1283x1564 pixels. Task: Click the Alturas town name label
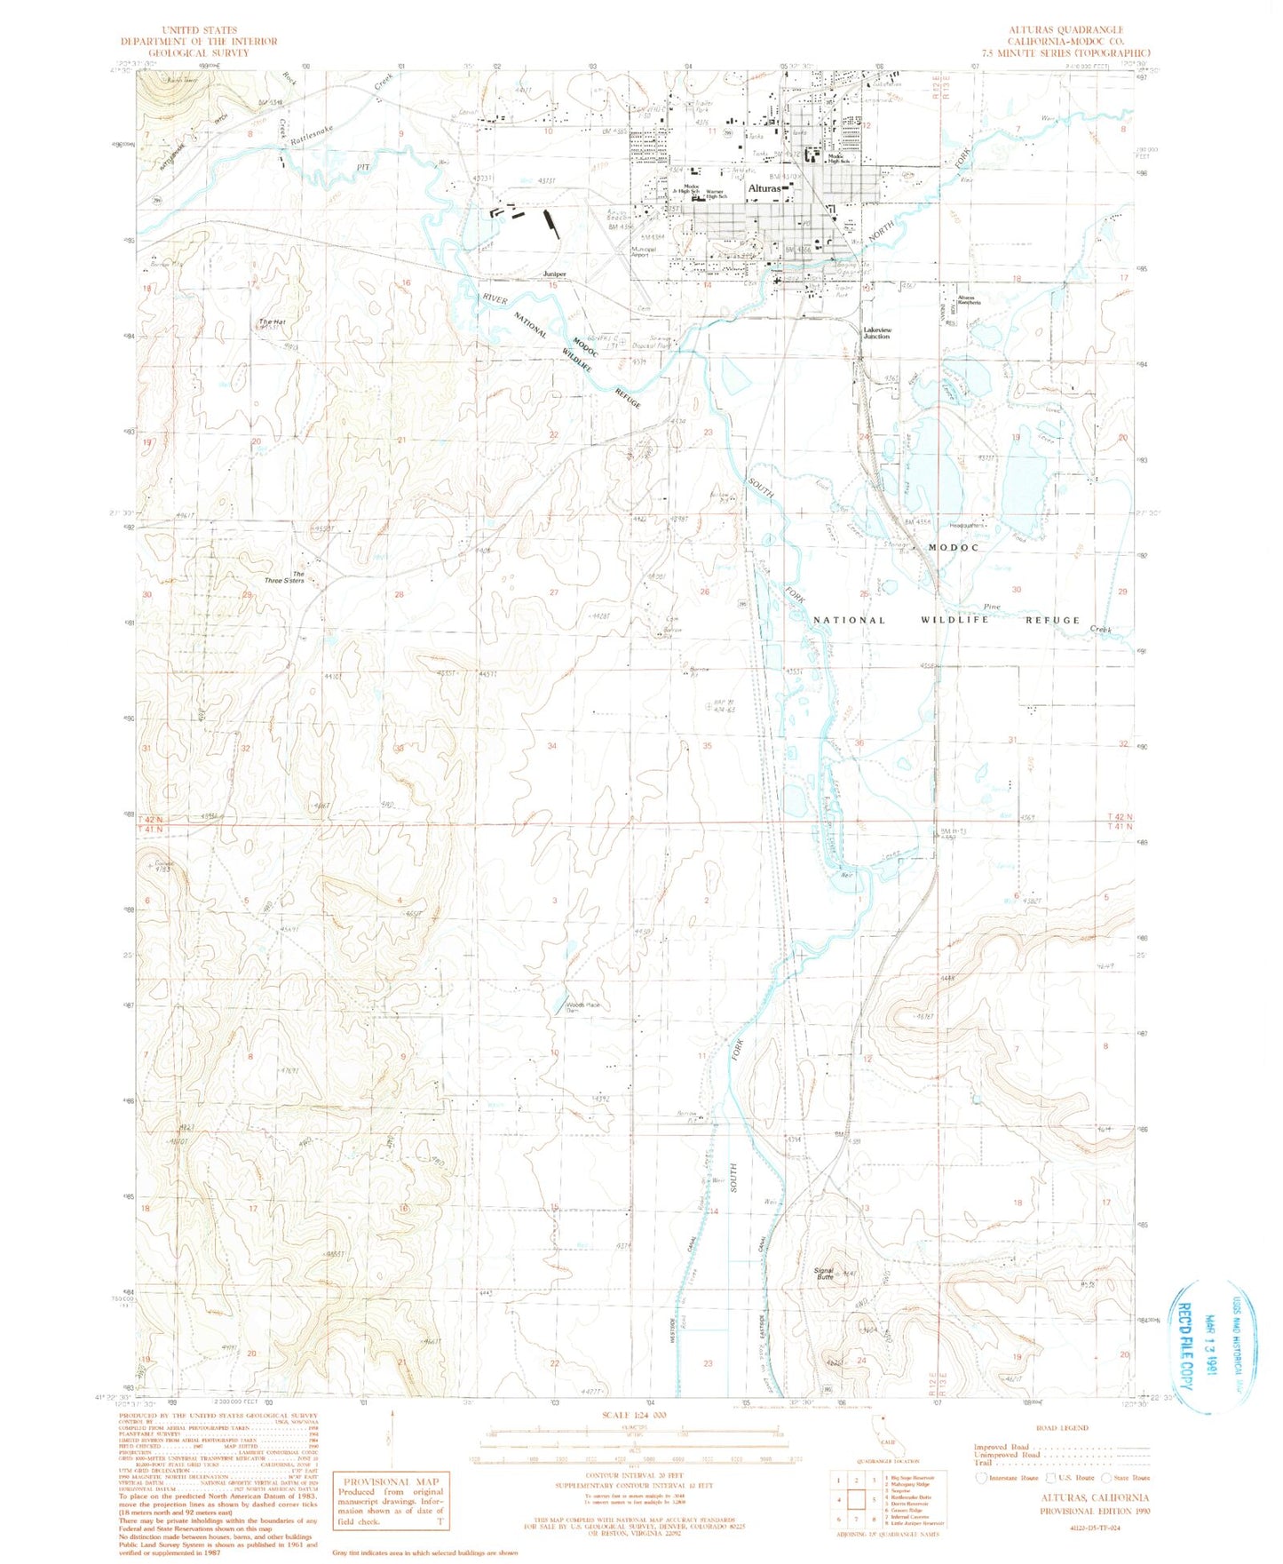(764, 189)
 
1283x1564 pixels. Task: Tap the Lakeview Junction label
(877, 333)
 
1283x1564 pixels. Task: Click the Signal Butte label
(825, 1274)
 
